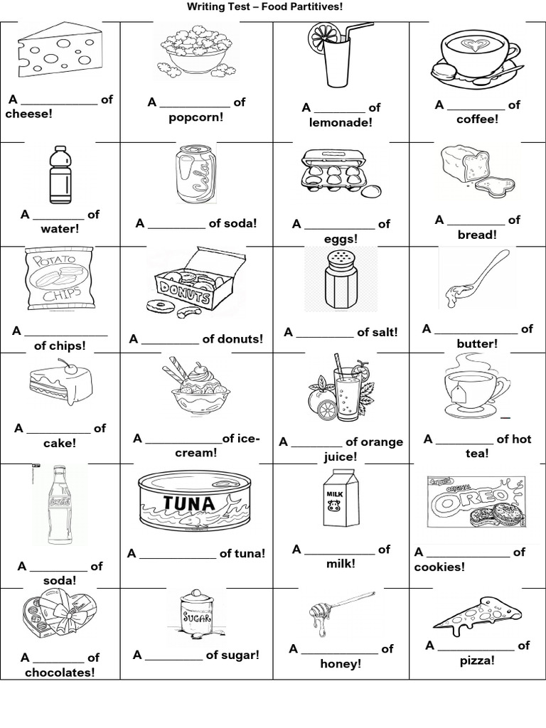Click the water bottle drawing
tap(60, 175)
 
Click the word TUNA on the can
tap(188, 503)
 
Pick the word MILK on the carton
tap(335, 492)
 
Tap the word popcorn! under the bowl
tap(196, 117)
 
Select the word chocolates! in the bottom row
tap(59, 672)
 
